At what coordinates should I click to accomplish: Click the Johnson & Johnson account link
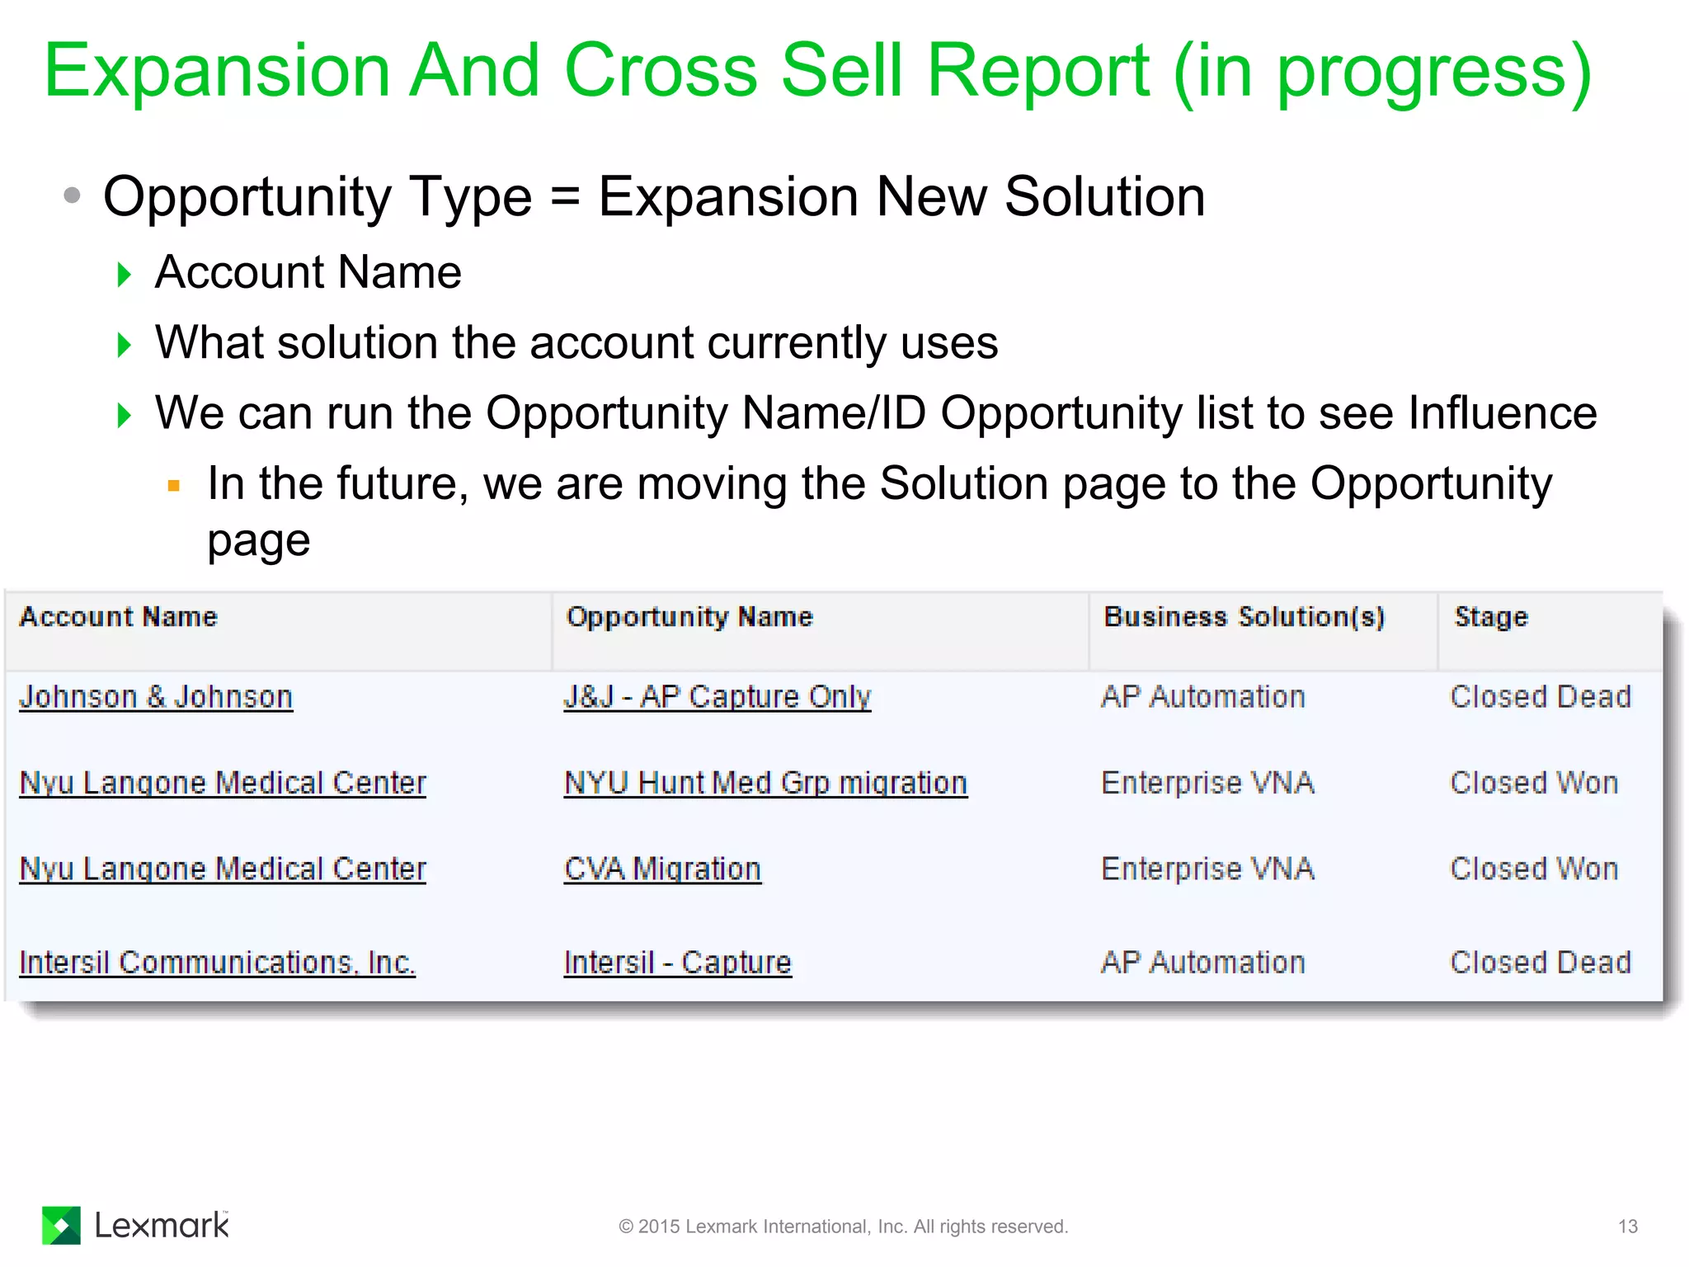(x=156, y=697)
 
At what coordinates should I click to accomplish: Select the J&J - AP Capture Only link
(x=717, y=697)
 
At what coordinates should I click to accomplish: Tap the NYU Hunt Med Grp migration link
(x=765, y=783)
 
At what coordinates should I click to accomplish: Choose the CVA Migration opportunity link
(x=662, y=869)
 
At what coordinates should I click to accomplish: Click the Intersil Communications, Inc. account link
(x=217, y=963)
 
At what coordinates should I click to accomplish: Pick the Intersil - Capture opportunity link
(x=677, y=963)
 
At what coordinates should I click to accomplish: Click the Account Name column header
(x=119, y=617)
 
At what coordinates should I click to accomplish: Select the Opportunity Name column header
(x=689, y=617)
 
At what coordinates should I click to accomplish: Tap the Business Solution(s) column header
(x=1244, y=617)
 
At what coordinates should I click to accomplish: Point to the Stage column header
(x=1491, y=617)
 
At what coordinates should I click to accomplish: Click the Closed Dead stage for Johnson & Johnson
(x=1541, y=697)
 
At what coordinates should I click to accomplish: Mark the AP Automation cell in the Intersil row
(x=1202, y=963)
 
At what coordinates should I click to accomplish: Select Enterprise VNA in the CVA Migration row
(x=1207, y=869)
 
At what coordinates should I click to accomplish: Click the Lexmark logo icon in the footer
(x=62, y=1225)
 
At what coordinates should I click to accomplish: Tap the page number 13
(x=1627, y=1227)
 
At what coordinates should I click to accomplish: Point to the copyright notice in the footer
(x=843, y=1227)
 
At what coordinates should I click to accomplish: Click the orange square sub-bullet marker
(x=173, y=486)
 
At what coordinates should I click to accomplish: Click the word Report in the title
(x=1037, y=71)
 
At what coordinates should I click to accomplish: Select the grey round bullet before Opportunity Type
(x=73, y=195)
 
